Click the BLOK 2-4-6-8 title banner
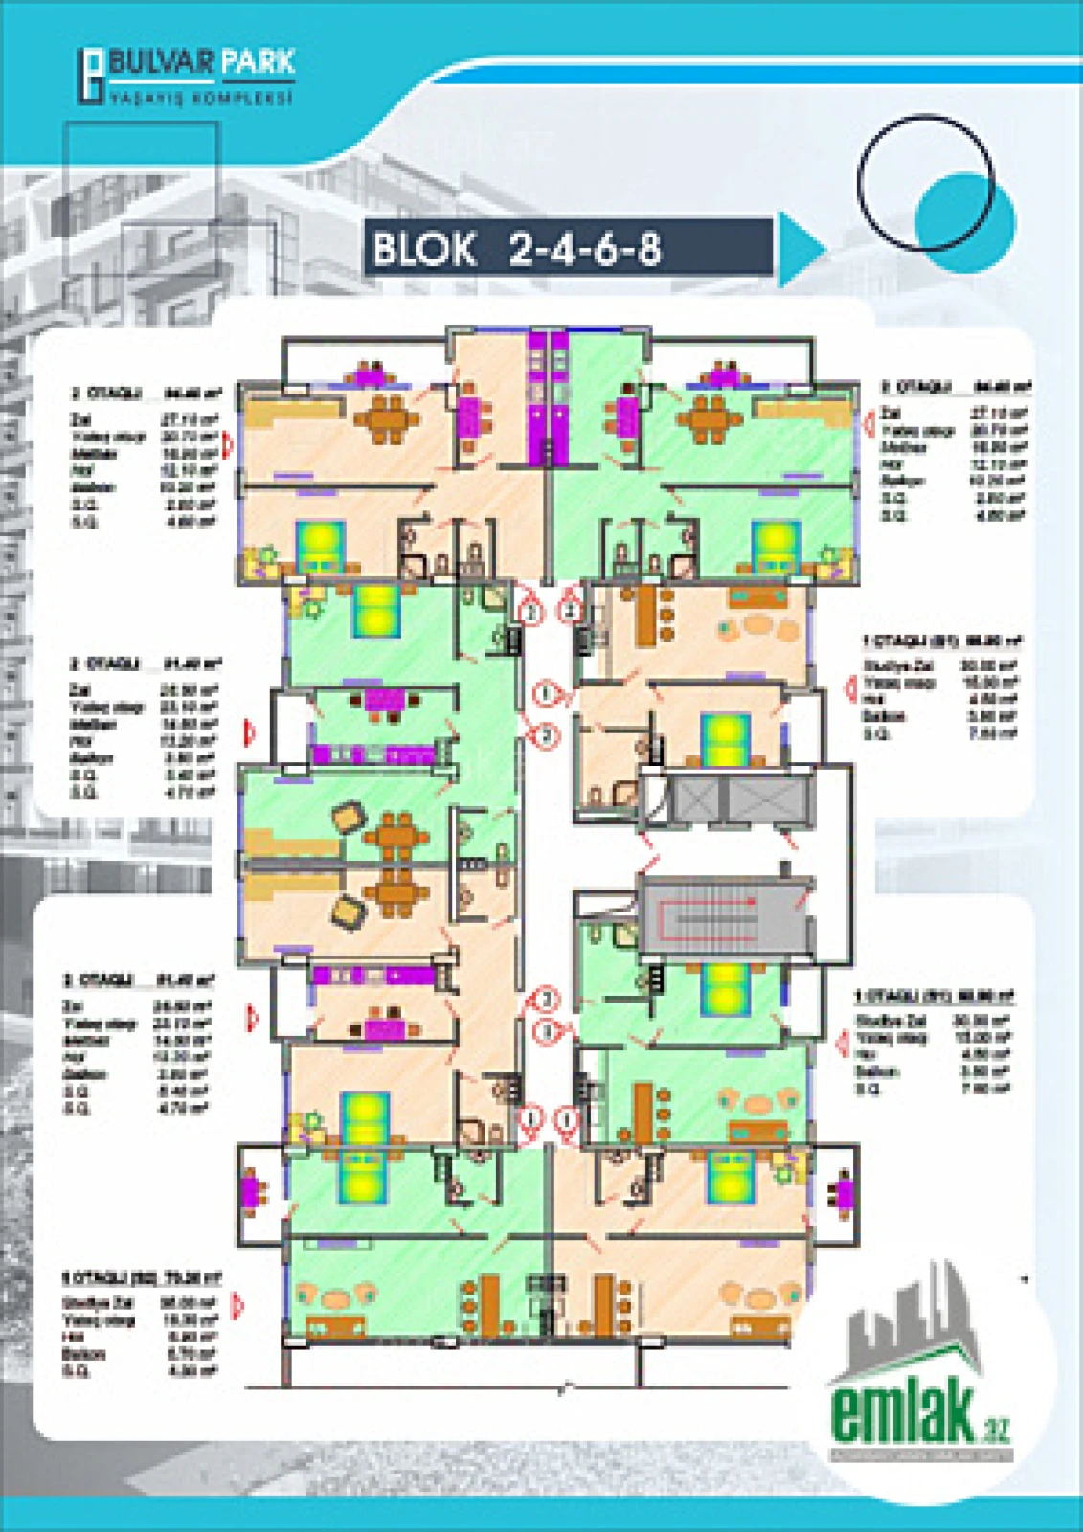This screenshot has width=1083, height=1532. tap(567, 248)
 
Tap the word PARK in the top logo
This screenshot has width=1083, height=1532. tap(259, 63)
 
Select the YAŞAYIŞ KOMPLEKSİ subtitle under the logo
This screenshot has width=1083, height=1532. tap(200, 99)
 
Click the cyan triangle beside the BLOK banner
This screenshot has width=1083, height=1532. tap(800, 249)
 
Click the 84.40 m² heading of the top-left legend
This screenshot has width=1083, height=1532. tap(192, 393)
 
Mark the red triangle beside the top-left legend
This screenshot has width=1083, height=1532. tap(228, 444)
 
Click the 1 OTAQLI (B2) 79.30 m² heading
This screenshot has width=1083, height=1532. tap(142, 1277)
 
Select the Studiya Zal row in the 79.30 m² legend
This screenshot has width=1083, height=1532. tap(139, 1302)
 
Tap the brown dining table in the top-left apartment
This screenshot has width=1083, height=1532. tap(387, 418)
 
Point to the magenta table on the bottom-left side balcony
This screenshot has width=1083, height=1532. tap(251, 1192)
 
